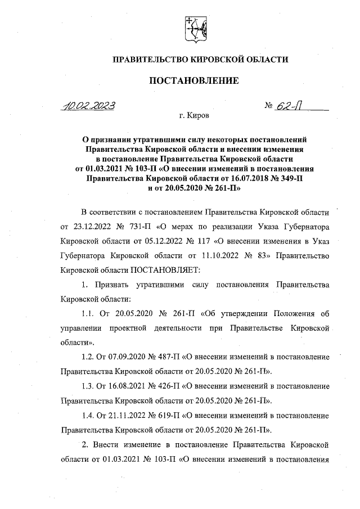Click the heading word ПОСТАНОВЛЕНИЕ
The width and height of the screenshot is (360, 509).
pos(193,80)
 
